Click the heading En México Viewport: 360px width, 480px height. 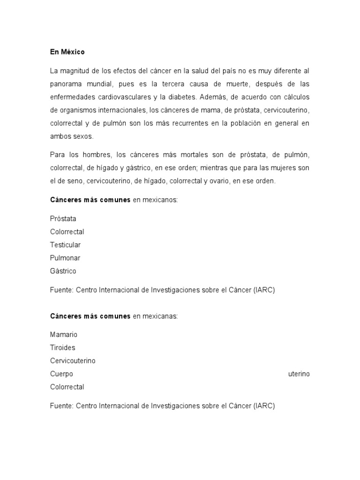pyautogui.click(x=67, y=52)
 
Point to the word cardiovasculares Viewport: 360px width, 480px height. pyautogui.click(x=116, y=97)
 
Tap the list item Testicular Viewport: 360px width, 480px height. pyautogui.click(x=65, y=245)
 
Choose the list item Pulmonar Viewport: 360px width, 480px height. pyautogui.click(x=65, y=258)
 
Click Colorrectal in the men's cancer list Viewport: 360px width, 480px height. pyautogui.click(x=67, y=232)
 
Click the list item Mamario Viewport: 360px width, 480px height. pyautogui.click(x=64, y=335)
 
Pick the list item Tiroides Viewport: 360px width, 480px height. pyautogui.click(x=63, y=348)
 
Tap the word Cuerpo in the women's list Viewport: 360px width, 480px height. pyautogui.click(x=61, y=374)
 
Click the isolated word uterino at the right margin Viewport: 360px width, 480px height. pyautogui.click(x=299, y=374)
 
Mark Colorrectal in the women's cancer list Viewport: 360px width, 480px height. pyautogui.click(x=67, y=387)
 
